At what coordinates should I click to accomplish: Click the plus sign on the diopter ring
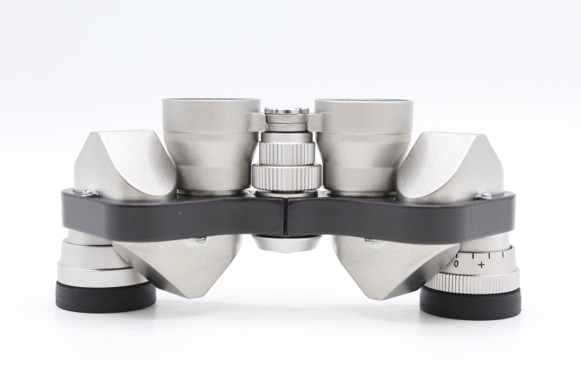pyautogui.click(x=481, y=265)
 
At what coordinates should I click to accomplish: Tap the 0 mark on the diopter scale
pyautogui.click(x=457, y=264)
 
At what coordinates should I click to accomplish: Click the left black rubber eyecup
pyautogui.click(x=105, y=295)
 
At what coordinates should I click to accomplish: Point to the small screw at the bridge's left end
pyautogui.click(x=89, y=192)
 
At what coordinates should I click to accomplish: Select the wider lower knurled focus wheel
pyautogui.click(x=286, y=177)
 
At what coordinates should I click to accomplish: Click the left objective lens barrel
pyautogui.click(x=211, y=145)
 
